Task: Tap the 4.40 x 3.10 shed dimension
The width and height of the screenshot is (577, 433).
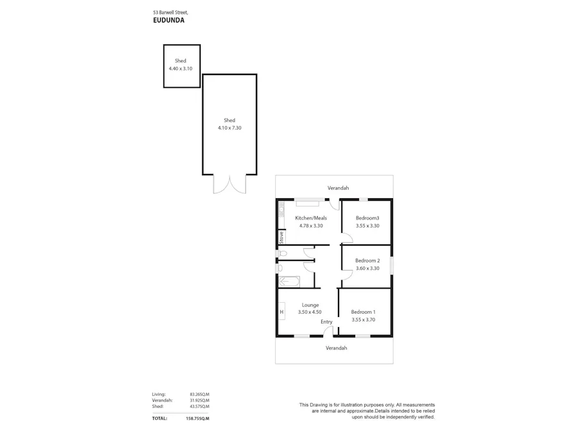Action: pyautogui.click(x=180, y=69)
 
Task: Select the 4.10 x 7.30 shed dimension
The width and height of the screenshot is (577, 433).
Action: pyautogui.click(x=230, y=128)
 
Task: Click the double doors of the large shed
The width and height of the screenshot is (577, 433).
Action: pyautogui.click(x=230, y=183)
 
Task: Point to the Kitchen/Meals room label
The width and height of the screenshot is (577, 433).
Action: pyautogui.click(x=311, y=218)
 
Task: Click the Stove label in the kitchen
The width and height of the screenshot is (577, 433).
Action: pyautogui.click(x=281, y=238)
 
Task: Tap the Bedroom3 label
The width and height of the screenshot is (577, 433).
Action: pyautogui.click(x=367, y=218)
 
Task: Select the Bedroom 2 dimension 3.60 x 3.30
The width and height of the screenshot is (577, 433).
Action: pyautogui.click(x=367, y=268)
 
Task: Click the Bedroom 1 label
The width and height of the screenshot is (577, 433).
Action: pyautogui.click(x=363, y=312)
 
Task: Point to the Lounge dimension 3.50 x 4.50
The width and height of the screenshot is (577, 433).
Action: pyautogui.click(x=310, y=312)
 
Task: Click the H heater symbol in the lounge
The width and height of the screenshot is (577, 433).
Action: pyautogui.click(x=281, y=312)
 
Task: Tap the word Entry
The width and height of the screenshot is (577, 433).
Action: pyautogui.click(x=326, y=322)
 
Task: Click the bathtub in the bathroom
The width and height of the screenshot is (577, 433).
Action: pyautogui.click(x=289, y=281)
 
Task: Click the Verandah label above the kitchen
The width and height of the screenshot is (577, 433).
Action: pyautogui.click(x=338, y=188)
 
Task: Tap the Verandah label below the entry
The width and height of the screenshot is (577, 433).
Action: pyautogui.click(x=336, y=348)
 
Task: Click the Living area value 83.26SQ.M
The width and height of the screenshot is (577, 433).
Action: pyautogui.click(x=199, y=395)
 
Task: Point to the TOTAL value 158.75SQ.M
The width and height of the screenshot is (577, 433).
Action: pyautogui.click(x=198, y=418)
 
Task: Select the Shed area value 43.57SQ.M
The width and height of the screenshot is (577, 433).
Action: pyautogui.click(x=199, y=407)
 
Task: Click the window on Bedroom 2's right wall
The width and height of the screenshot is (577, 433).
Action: pyautogui.click(x=392, y=266)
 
